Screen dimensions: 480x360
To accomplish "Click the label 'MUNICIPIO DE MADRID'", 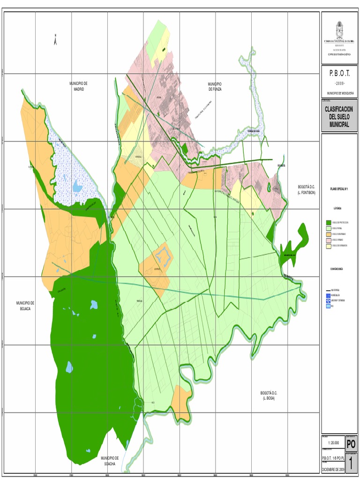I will tap(78, 86).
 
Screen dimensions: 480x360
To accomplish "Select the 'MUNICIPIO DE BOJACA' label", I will tap(25, 306).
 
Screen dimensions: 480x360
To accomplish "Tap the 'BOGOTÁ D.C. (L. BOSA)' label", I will tap(269, 395).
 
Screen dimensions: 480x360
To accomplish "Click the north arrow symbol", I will tap(56, 40).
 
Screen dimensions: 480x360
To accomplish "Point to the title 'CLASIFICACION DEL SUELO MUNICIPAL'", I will tap(339, 117).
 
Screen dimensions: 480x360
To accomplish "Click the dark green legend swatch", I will tap(328, 222).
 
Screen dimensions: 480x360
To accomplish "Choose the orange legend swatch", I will tap(328, 233).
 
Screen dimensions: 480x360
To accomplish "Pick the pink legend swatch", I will tap(328, 239).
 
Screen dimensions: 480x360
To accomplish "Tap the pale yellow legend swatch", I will tap(328, 245).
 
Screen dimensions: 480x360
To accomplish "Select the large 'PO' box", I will tap(351, 443).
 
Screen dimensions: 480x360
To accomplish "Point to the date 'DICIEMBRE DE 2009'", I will tap(333, 469).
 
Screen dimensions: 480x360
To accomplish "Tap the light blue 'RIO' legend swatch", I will tap(327, 305).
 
